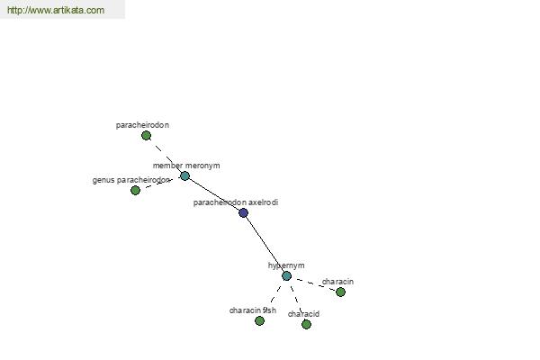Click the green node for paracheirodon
point(146,136)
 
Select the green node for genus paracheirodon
point(135,191)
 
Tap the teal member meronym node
point(184,176)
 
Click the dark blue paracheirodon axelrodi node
point(244,213)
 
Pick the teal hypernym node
point(286,276)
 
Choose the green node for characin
point(340,292)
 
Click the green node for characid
point(306,324)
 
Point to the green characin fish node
point(260,321)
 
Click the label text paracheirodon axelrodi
point(236,202)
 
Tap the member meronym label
point(186,166)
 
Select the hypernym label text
point(286,265)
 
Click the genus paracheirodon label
point(130,180)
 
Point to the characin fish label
point(253,310)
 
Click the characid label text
point(303,314)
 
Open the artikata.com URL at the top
point(56,10)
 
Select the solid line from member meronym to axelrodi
point(214,193)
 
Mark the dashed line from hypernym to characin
point(314,284)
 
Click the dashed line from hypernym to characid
point(296,300)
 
